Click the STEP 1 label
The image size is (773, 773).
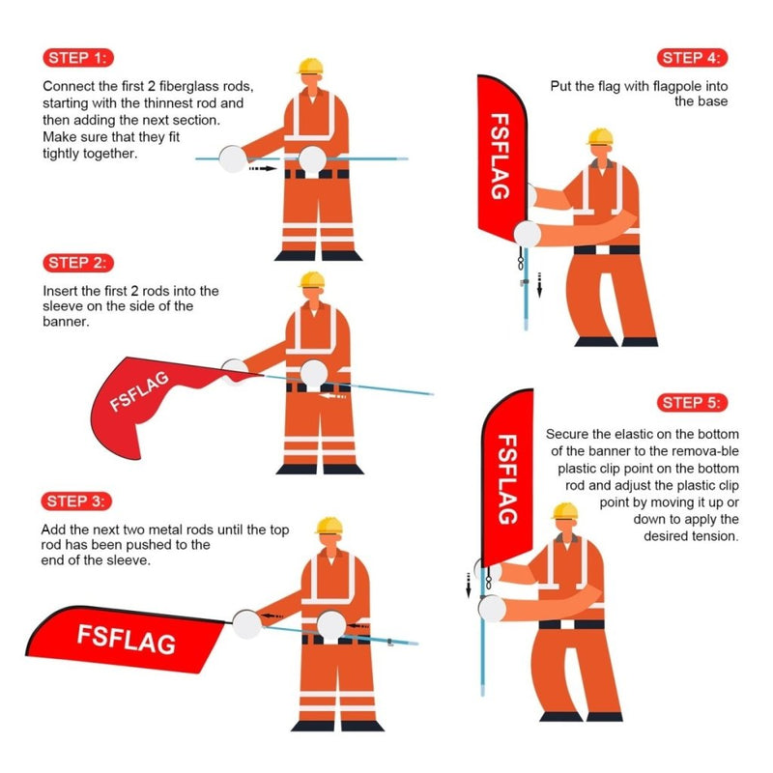point(78,57)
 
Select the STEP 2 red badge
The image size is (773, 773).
point(78,263)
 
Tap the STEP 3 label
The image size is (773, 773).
point(78,501)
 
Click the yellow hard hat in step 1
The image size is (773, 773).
point(309,65)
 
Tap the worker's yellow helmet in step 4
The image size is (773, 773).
point(600,135)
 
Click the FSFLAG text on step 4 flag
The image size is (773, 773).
point(500,157)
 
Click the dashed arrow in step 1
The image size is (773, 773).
point(262,168)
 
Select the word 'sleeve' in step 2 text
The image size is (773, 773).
point(63,306)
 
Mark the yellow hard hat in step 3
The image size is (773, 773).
point(329,525)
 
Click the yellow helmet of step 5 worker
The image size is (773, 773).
point(565,510)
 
